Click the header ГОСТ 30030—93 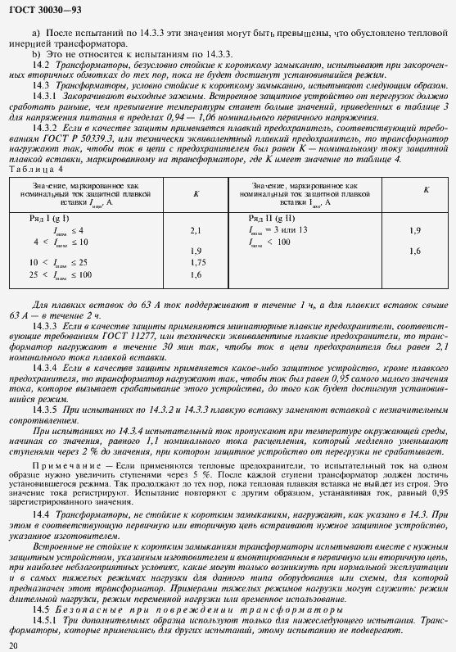41,9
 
